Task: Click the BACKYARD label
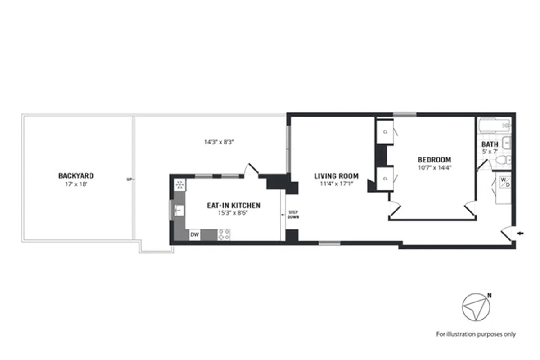pos(76,175)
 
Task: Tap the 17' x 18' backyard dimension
pos(76,184)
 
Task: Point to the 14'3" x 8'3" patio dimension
pos(220,142)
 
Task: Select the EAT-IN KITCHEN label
pos(234,206)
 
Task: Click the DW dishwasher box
pos(195,234)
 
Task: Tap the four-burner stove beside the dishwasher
pos(224,234)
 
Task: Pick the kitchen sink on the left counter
pos(178,210)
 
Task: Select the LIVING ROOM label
pos(336,176)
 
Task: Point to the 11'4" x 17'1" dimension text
pos(336,184)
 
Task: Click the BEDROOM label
pos(434,160)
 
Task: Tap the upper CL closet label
pos(385,132)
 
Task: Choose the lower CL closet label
pos(385,179)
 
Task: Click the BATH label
pos(490,144)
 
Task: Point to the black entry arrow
pos(521,233)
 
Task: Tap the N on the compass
pos(489,296)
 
